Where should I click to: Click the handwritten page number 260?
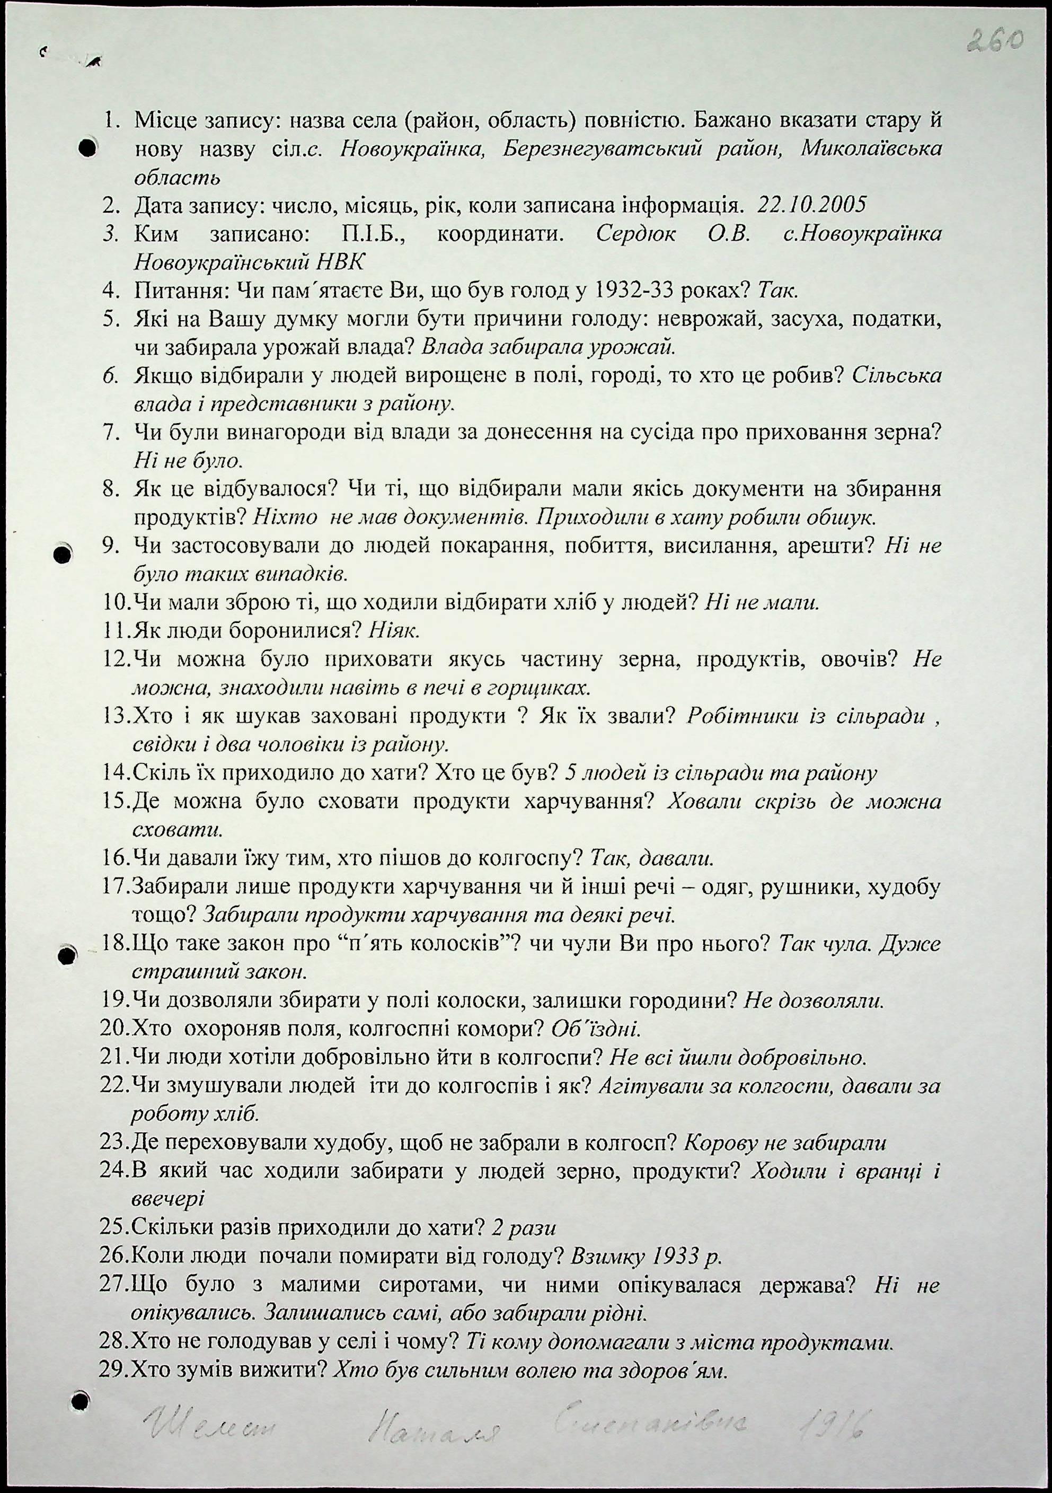click(995, 40)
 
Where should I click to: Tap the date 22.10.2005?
click(812, 206)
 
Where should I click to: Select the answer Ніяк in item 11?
click(395, 630)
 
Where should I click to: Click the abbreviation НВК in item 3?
click(340, 262)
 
